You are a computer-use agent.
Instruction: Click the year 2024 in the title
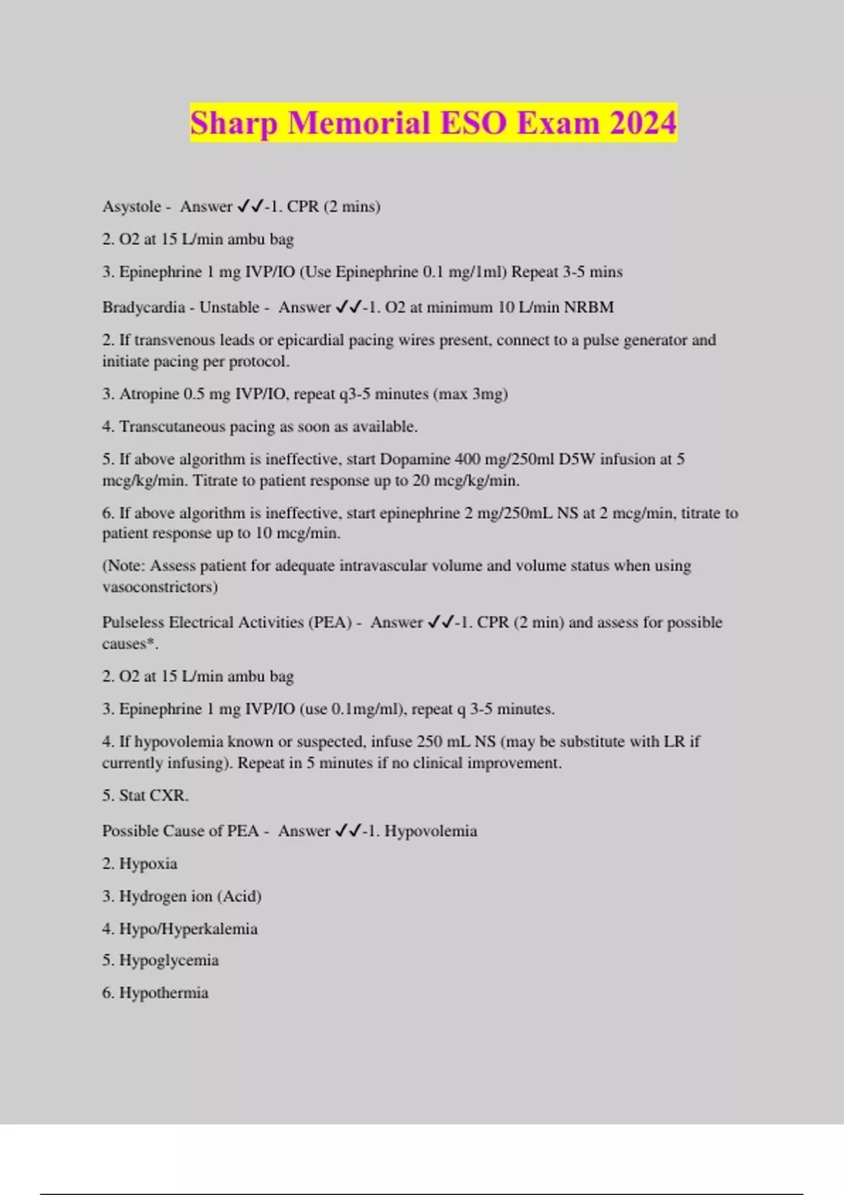coord(643,122)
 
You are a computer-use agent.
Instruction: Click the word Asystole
coord(132,207)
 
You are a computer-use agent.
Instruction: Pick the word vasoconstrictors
coord(160,587)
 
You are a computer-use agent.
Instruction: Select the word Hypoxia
coord(148,864)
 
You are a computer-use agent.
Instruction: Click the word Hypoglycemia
coord(169,960)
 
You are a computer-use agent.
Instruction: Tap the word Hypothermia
coord(164,993)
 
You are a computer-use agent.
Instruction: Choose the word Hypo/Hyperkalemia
coord(188,929)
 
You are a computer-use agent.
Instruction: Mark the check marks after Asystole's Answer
coord(250,206)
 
